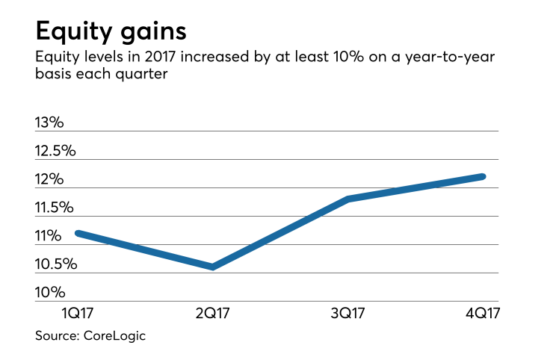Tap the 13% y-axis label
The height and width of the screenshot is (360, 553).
point(49,122)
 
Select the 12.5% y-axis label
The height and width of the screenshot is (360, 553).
point(55,150)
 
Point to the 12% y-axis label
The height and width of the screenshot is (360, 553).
point(49,179)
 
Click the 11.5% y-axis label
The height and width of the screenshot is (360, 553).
point(55,207)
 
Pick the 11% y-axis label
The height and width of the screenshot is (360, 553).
point(48,236)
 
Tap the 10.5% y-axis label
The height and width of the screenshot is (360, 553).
point(55,264)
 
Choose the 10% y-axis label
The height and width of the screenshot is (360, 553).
point(49,293)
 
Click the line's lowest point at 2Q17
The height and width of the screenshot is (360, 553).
point(214,267)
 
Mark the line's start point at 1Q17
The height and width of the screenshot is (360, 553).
point(78,233)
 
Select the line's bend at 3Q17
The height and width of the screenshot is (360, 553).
point(348,199)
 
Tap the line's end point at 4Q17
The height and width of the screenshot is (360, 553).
point(483,176)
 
